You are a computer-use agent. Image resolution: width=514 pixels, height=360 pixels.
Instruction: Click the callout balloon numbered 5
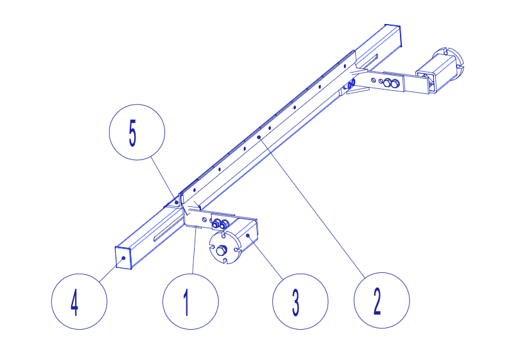[x=137, y=132]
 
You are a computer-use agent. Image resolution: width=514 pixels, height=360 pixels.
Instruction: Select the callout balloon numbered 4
[x=79, y=301]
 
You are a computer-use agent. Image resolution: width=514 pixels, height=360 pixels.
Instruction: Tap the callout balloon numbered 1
[x=190, y=301]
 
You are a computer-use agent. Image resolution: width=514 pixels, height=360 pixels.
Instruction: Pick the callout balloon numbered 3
[x=300, y=301]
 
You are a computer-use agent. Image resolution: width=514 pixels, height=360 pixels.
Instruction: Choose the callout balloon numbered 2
[x=382, y=300]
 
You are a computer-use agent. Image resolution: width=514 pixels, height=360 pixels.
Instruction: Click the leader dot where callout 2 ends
[x=259, y=137]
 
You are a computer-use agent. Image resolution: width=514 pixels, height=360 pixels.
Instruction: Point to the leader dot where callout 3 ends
[x=248, y=236]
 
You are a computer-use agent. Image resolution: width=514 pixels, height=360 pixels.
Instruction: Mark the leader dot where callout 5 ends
[x=176, y=202]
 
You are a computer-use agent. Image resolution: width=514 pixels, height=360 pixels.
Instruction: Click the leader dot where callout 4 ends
[x=123, y=258]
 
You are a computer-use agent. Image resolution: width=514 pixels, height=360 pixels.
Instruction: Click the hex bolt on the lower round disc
[x=221, y=250]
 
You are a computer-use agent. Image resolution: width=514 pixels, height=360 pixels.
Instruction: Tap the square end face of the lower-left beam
[x=123, y=258]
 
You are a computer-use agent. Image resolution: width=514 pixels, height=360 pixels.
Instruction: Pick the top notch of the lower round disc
[x=224, y=235]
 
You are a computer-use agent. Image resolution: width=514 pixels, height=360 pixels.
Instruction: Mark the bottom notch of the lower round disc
[x=225, y=261]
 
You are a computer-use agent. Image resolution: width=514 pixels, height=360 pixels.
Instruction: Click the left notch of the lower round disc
[x=212, y=247]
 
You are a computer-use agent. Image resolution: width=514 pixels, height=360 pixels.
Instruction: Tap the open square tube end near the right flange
[x=426, y=82]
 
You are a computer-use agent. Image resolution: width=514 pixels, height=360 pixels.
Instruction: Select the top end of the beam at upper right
[x=392, y=26]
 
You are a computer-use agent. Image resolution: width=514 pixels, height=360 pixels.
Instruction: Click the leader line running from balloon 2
[x=312, y=206]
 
